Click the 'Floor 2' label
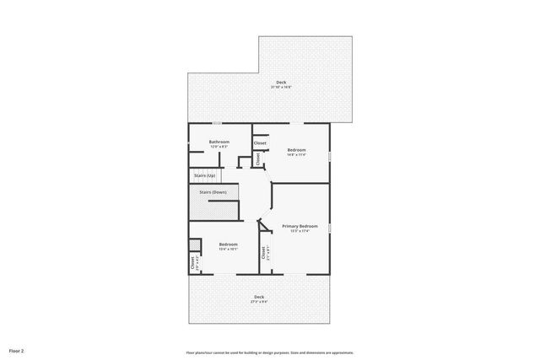coord(17,350)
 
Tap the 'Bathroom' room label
coord(219,142)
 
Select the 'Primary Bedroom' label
coord(300,226)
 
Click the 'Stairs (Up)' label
coord(204,175)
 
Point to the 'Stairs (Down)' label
coord(213,192)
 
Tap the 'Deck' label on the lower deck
coord(259,297)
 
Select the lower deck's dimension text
coord(259,302)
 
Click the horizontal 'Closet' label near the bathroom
coord(260,143)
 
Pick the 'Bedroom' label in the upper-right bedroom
coord(295,149)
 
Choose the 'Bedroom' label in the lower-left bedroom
coord(228,244)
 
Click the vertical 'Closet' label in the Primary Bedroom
coord(263,252)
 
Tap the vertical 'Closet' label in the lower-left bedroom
coord(192,262)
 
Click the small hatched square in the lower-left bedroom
coord(195,245)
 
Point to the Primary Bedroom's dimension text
coord(300,231)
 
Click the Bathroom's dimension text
coord(219,147)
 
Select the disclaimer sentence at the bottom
coord(270,352)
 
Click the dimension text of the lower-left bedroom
coord(228,249)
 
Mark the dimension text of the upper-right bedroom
coord(295,154)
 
